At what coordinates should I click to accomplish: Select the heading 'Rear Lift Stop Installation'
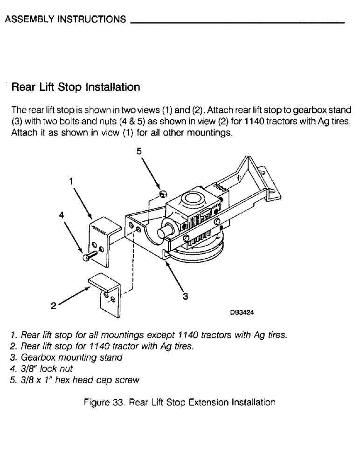click(76, 87)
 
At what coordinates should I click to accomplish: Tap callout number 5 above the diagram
click(138, 151)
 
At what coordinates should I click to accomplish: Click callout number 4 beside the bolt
click(61, 215)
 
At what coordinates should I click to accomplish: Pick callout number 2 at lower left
click(54, 306)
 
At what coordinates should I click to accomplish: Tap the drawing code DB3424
click(242, 313)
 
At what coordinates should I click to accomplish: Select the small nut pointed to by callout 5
click(162, 194)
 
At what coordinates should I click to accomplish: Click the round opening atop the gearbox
click(193, 201)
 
